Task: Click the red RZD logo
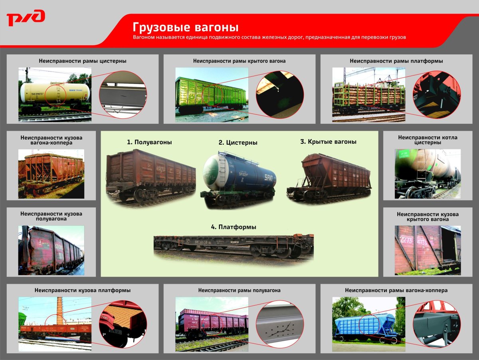click(26, 18)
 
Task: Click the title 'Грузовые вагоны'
click(186, 27)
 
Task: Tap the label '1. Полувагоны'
click(149, 142)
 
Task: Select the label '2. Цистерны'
click(238, 142)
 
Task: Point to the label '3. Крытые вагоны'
click(328, 141)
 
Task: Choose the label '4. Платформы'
click(234, 227)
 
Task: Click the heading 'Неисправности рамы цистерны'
click(83, 61)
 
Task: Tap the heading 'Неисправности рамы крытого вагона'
click(239, 61)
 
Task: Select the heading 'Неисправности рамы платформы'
click(396, 61)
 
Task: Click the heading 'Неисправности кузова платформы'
click(83, 290)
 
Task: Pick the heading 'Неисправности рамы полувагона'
click(239, 290)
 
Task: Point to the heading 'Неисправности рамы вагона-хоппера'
click(396, 290)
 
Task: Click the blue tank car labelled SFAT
click(239, 178)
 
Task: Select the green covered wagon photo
click(212, 95)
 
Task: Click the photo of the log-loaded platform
click(368, 95)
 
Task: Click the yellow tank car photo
click(55, 94)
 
